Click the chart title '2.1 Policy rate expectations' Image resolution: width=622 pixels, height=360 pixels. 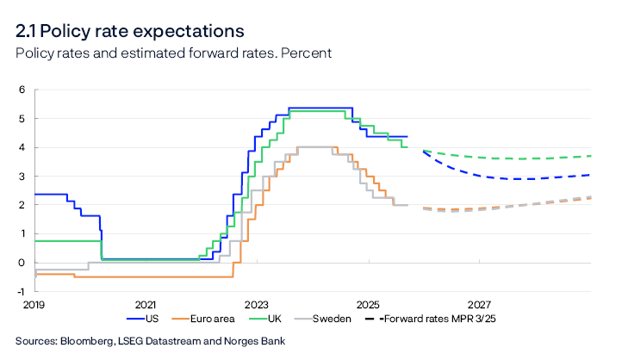click(x=129, y=32)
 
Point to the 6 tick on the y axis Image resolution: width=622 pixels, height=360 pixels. click(x=22, y=90)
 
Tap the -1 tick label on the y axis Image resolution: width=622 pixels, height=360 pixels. click(x=21, y=292)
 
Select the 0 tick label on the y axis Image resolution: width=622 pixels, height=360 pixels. click(x=22, y=263)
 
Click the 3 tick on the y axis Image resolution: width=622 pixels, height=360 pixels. click(x=22, y=177)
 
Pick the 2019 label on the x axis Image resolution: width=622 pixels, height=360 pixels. click(x=34, y=305)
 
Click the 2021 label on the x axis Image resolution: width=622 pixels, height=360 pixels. click(x=146, y=305)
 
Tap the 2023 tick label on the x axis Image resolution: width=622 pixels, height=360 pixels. click(x=257, y=305)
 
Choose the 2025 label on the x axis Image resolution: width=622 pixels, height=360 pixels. click(x=368, y=305)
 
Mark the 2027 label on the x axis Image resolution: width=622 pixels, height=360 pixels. click(x=479, y=305)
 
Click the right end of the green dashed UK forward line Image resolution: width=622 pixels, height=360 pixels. click(x=591, y=156)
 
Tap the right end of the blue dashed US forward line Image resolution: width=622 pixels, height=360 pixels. click(x=591, y=175)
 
